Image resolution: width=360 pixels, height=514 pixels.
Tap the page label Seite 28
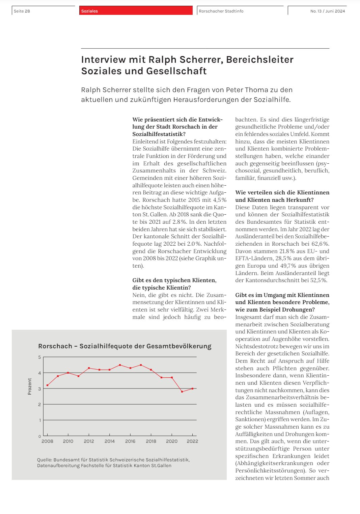tap(22, 11)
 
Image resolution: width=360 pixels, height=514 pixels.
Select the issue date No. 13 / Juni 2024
tap(327, 11)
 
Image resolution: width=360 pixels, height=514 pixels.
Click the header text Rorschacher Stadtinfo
tap(221, 11)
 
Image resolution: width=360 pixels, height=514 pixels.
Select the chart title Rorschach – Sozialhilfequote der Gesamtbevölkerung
tap(125, 346)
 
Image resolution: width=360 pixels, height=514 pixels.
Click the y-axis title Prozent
tap(30, 386)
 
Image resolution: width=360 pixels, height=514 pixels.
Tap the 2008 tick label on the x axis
tap(47, 441)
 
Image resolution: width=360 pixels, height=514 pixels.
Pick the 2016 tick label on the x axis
tap(130, 441)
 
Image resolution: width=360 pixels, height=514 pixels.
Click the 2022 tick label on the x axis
tap(192, 441)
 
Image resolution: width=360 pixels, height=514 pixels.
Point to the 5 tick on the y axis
tap(40, 357)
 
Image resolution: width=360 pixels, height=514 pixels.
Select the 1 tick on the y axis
tap(40, 420)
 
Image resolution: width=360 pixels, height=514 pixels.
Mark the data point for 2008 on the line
tap(48, 385)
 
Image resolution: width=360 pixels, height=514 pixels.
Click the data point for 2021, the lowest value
tap(182, 391)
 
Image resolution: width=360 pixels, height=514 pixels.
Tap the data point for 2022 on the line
tap(192, 388)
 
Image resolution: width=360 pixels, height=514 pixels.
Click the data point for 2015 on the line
tap(120, 365)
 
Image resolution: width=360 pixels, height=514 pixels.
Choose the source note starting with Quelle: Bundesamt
tap(113, 463)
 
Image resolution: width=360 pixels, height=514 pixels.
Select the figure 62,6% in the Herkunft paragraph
tap(321, 244)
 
